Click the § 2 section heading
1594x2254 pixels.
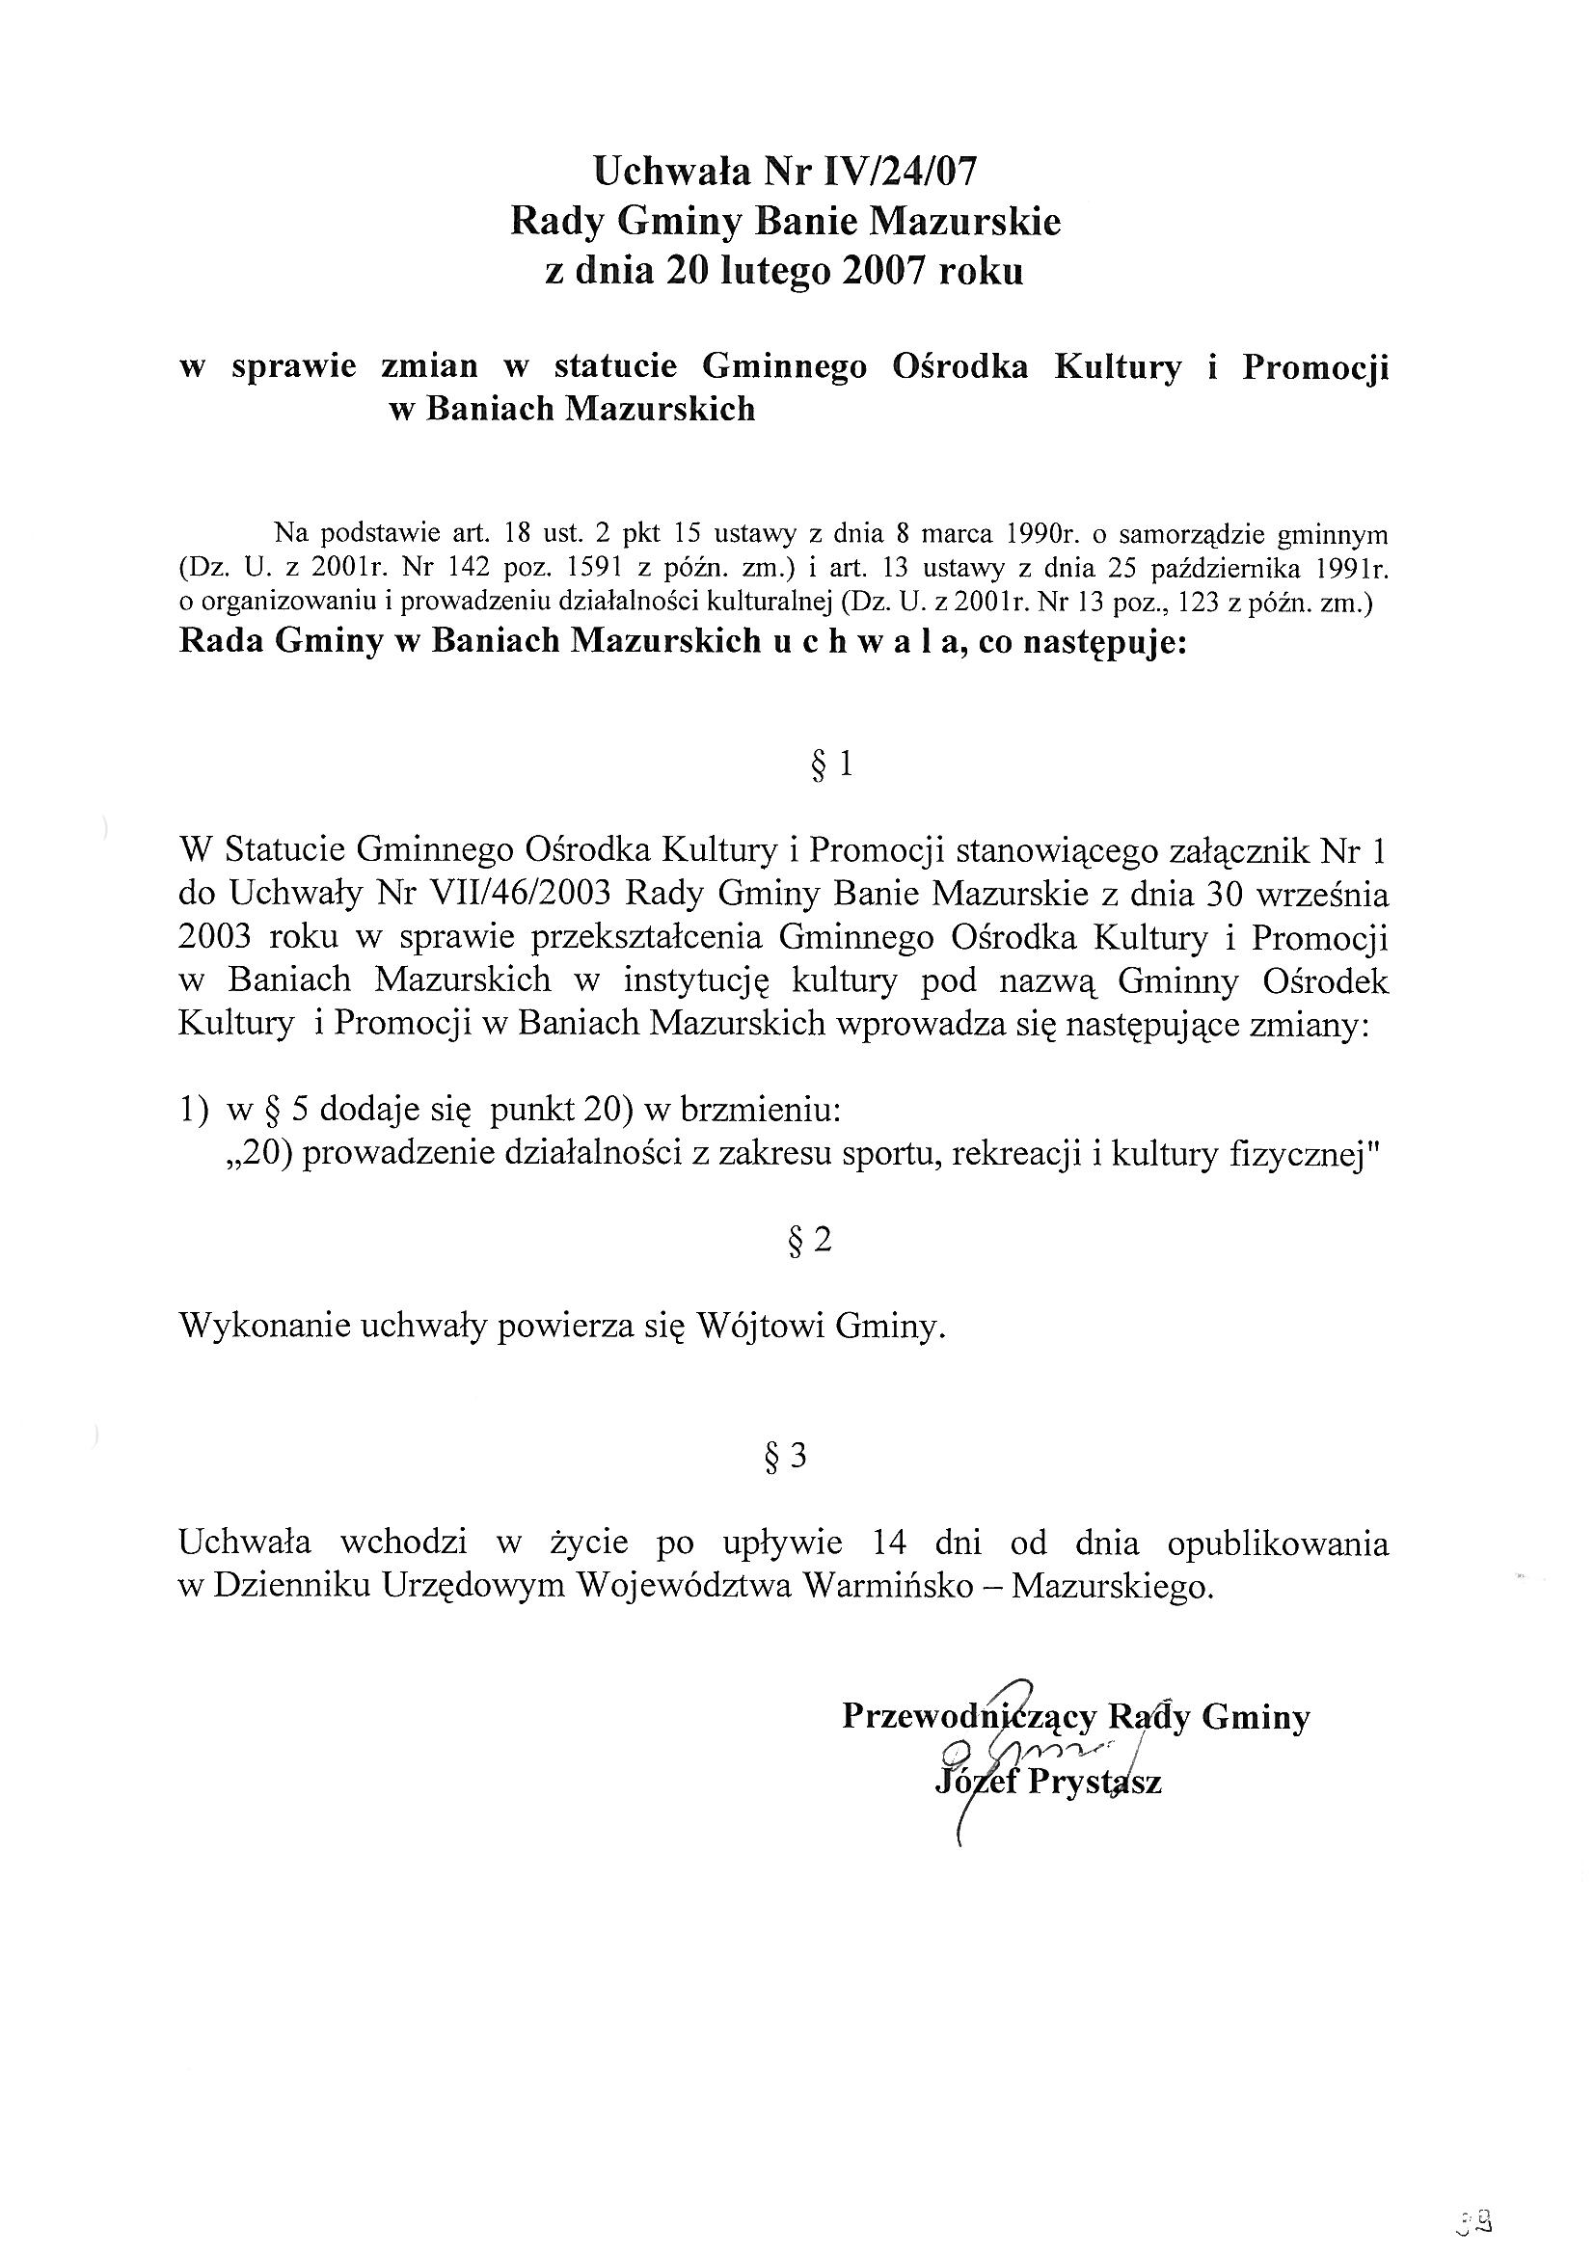tap(810, 1241)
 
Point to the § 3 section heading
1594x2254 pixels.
tap(785, 1457)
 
